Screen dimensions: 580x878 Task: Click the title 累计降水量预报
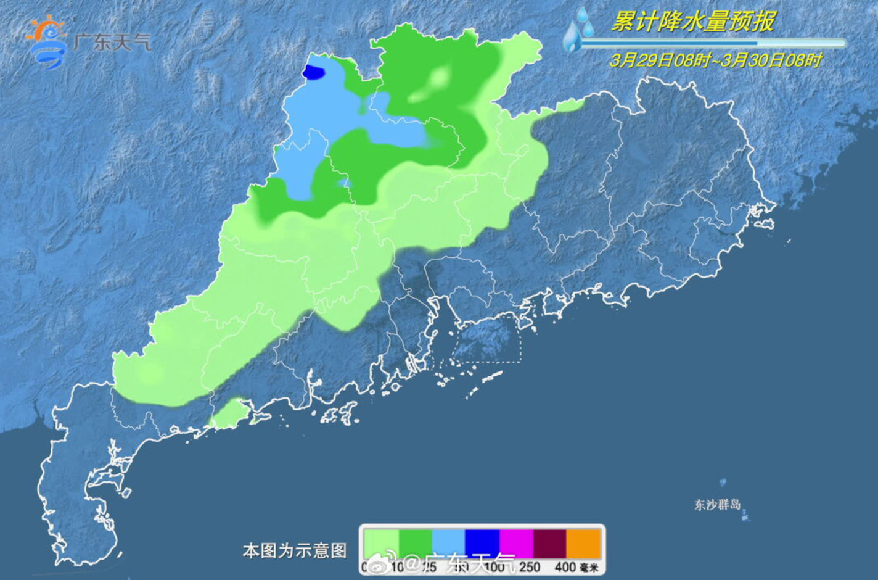(x=692, y=22)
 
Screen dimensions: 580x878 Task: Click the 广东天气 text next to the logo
(x=112, y=42)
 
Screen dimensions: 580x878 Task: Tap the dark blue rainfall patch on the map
(x=314, y=73)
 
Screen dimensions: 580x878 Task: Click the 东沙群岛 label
(x=717, y=505)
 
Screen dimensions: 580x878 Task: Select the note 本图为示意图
(x=295, y=550)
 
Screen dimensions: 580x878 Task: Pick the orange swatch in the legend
(x=583, y=544)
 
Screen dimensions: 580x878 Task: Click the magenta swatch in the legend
(x=516, y=544)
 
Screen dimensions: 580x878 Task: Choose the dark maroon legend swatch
(x=549, y=544)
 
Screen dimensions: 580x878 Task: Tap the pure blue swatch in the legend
(x=482, y=544)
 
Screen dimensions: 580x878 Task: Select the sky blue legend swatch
(x=448, y=544)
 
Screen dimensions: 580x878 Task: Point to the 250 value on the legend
(x=529, y=566)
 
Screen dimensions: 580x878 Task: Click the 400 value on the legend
(x=565, y=566)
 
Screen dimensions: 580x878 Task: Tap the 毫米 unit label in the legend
(x=589, y=567)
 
